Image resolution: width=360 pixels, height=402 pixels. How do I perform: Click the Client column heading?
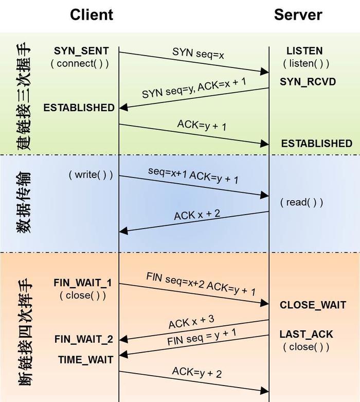pyautogui.click(x=92, y=14)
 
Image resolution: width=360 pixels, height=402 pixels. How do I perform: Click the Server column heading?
pyautogui.click(x=298, y=14)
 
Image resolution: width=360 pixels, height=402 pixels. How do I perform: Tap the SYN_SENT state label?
pyautogui.click(x=81, y=51)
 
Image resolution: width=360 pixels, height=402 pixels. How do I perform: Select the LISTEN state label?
pyautogui.click(x=304, y=51)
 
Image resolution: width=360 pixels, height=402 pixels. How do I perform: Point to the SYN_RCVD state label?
pyautogui.click(x=308, y=82)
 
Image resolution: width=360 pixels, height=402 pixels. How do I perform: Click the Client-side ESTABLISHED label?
pyautogui.click(x=79, y=108)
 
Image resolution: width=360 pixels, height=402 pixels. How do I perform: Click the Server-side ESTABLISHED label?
pyautogui.click(x=316, y=143)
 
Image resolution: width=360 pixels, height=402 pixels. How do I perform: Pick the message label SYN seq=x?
pyautogui.click(x=198, y=53)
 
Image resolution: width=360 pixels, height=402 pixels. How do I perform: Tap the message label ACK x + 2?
pyautogui.click(x=197, y=215)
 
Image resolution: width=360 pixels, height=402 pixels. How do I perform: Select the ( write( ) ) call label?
pyautogui.click(x=91, y=174)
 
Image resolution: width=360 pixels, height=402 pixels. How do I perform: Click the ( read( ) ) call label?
pyautogui.click(x=302, y=202)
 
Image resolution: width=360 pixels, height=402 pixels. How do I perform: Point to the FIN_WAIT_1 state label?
pyautogui.click(x=82, y=283)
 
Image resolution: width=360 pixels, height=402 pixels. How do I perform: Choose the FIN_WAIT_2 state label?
pyautogui.click(x=83, y=339)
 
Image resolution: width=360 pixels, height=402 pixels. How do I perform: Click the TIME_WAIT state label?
pyautogui.click(x=84, y=360)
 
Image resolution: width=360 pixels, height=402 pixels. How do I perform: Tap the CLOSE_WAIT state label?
pyautogui.click(x=313, y=305)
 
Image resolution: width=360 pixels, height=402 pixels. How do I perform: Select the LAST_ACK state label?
pyautogui.click(x=306, y=334)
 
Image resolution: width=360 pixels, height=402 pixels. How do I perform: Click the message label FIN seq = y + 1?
pyautogui.click(x=202, y=338)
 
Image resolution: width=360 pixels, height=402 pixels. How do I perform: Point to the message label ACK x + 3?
pyautogui.click(x=191, y=322)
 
